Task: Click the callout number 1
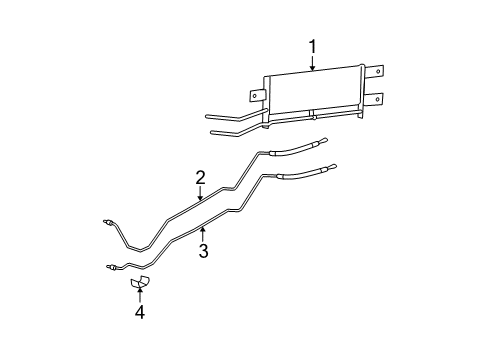pos(312,46)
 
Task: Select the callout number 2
pos(200,178)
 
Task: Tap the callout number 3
pos(203,251)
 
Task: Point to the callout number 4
pos(140,312)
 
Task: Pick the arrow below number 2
pos(200,196)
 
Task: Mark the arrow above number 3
pos(203,233)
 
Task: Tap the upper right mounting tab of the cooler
pos(376,72)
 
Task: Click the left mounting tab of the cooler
pos(256,96)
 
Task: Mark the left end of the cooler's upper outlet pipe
pos(206,117)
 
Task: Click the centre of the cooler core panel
pos(312,92)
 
